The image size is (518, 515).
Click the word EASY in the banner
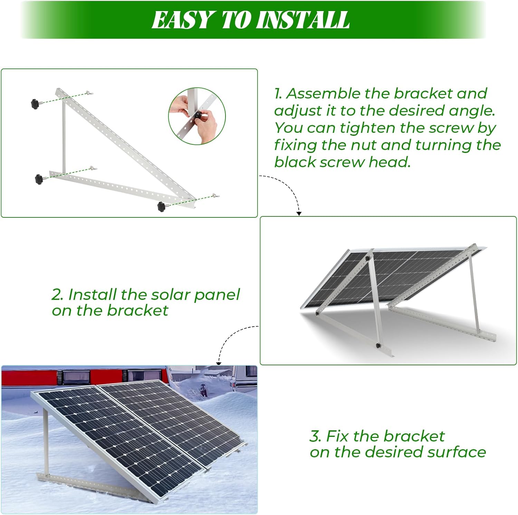182,20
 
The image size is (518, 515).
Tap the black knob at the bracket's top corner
35,103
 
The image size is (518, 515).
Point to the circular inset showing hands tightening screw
197,116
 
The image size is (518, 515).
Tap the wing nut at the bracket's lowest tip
214,196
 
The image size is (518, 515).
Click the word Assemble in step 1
323,93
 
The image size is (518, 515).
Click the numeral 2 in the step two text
57,294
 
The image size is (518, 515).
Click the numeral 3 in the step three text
315,436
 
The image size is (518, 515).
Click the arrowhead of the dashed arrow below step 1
299,214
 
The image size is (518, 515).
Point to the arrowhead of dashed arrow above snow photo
219,363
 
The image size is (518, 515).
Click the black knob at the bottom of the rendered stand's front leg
378,345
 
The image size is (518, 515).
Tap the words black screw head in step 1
342,162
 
